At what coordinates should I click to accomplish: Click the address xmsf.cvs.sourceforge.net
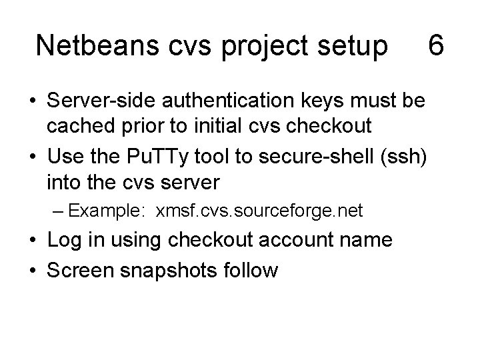(x=259, y=211)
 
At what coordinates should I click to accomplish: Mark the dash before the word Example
(x=57, y=211)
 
